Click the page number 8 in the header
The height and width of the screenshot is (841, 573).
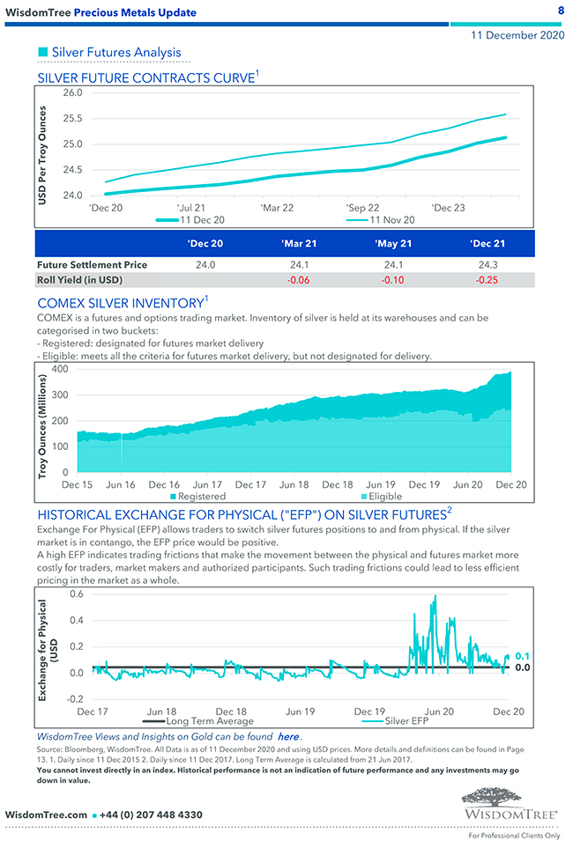pyautogui.click(x=561, y=10)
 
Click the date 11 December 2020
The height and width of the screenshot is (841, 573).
pyautogui.click(x=517, y=36)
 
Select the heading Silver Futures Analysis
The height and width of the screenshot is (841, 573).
pyautogui.click(x=115, y=53)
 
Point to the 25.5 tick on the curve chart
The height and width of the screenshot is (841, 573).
pyautogui.click(x=73, y=118)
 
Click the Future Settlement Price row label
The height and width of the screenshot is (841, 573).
pyautogui.click(x=92, y=263)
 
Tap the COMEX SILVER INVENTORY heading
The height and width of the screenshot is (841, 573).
pyautogui.click(x=120, y=303)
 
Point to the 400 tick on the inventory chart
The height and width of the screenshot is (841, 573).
pyautogui.click(x=61, y=369)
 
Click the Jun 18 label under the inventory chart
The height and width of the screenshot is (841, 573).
pyautogui.click(x=294, y=484)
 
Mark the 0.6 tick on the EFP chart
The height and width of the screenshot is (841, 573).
pyautogui.click(x=76, y=594)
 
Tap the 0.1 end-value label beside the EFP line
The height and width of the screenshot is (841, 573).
pyautogui.click(x=522, y=656)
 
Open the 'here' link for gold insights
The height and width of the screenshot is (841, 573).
pyautogui.click(x=287, y=736)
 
